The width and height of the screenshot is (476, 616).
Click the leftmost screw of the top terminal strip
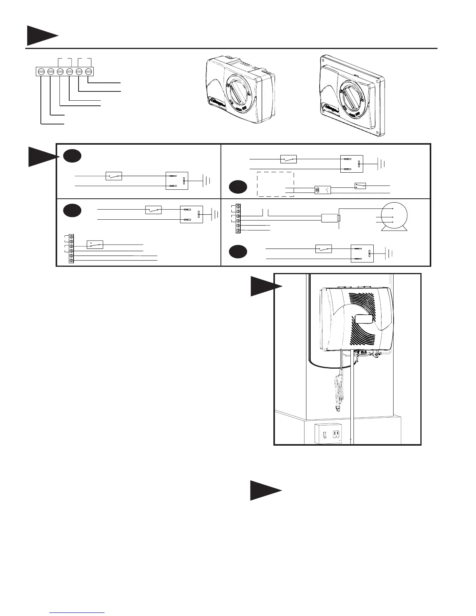(41, 72)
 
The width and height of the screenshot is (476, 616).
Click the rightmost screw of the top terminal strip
(89, 72)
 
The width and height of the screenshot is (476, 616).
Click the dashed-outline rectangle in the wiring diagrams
(275, 184)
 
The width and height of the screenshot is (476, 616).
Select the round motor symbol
(394, 217)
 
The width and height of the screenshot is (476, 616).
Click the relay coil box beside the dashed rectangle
(322, 190)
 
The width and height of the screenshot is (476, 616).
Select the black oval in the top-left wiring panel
(72, 156)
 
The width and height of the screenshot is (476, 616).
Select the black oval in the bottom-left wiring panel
(72, 210)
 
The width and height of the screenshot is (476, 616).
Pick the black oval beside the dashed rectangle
(238, 187)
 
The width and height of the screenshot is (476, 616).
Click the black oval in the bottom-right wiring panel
(238, 252)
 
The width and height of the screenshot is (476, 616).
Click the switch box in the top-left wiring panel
(114, 176)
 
